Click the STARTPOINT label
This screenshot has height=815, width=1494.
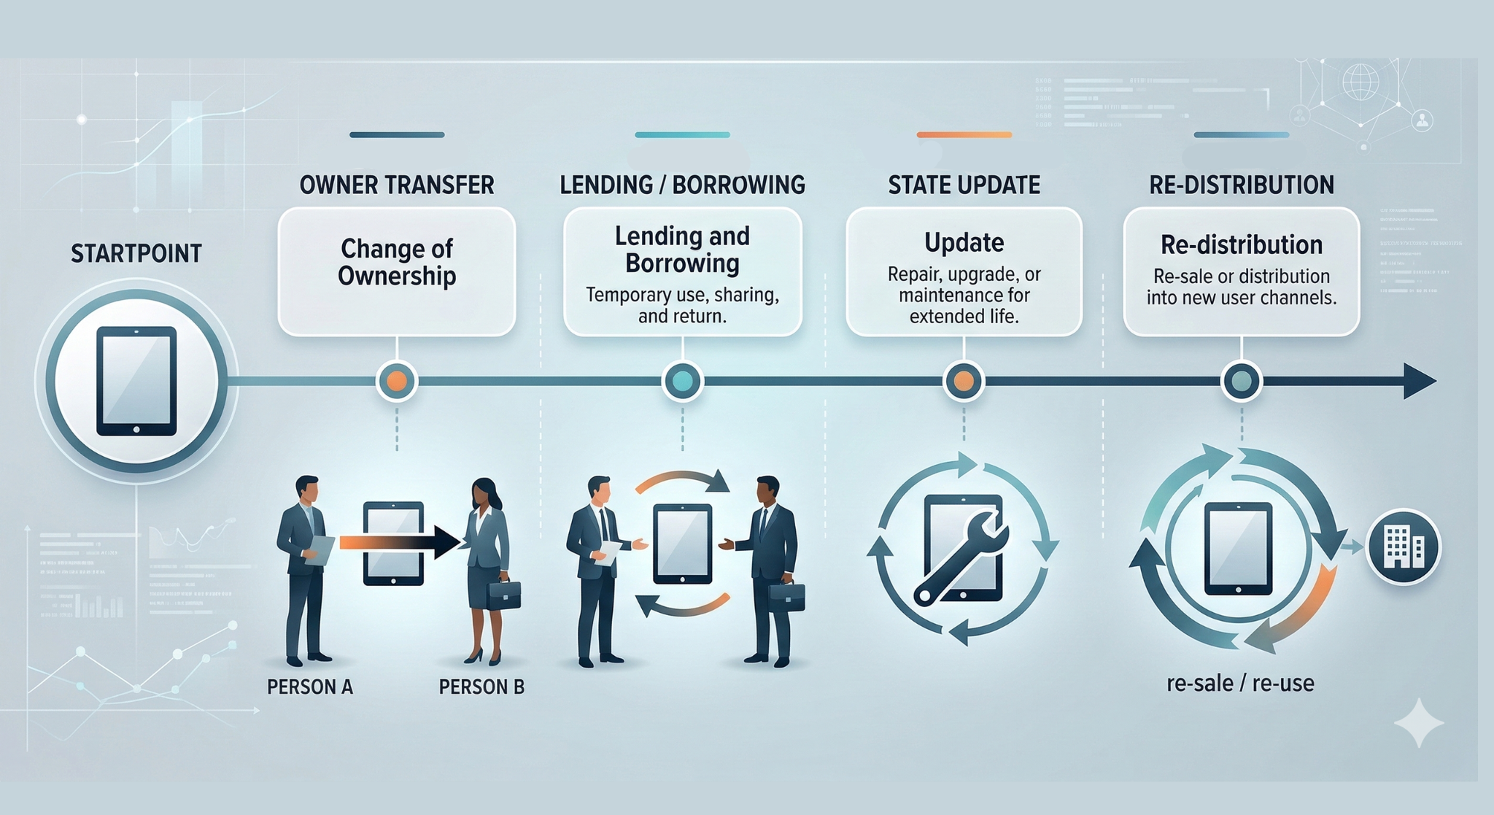pyautogui.click(x=136, y=254)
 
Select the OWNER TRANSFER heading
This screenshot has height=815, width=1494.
pyautogui.click(x=397, y=185)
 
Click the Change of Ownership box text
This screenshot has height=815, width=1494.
pyautogui.click(x=397, y=263)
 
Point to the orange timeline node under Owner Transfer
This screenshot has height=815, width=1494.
pyautogui.click(x=397, y=381)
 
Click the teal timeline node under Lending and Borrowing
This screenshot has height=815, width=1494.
pyautogui.click(x=682, y=381)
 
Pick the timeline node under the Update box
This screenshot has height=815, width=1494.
pyautogui.click(x=964, y=381)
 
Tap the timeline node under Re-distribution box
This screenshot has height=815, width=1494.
pyautogui.click(x=1241, y=381)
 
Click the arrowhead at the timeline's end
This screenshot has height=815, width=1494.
pyautogui.click(x=1419, y=381)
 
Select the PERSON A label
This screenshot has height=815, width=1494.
pyautogui.click(x=310, y=687)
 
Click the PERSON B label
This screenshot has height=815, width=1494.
pyautogui.click(x=481, y=687)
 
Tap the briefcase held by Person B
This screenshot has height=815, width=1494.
pyautogui.click(x=504, y=595)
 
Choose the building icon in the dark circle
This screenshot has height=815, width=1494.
pyautogui.click(x=1403, y=546)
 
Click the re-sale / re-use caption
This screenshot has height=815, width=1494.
pyautogui.click(x=1240, y=684)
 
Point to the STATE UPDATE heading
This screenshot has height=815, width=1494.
pyautogui.click(x=964, y=185)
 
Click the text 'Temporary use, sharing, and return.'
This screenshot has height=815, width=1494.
pyautogui.click(x=682, y=306)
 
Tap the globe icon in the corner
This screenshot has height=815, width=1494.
pyautogui.click(x=1361, y=81)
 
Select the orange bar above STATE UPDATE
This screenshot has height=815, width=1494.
pyautogui.click(x=964, y=135)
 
